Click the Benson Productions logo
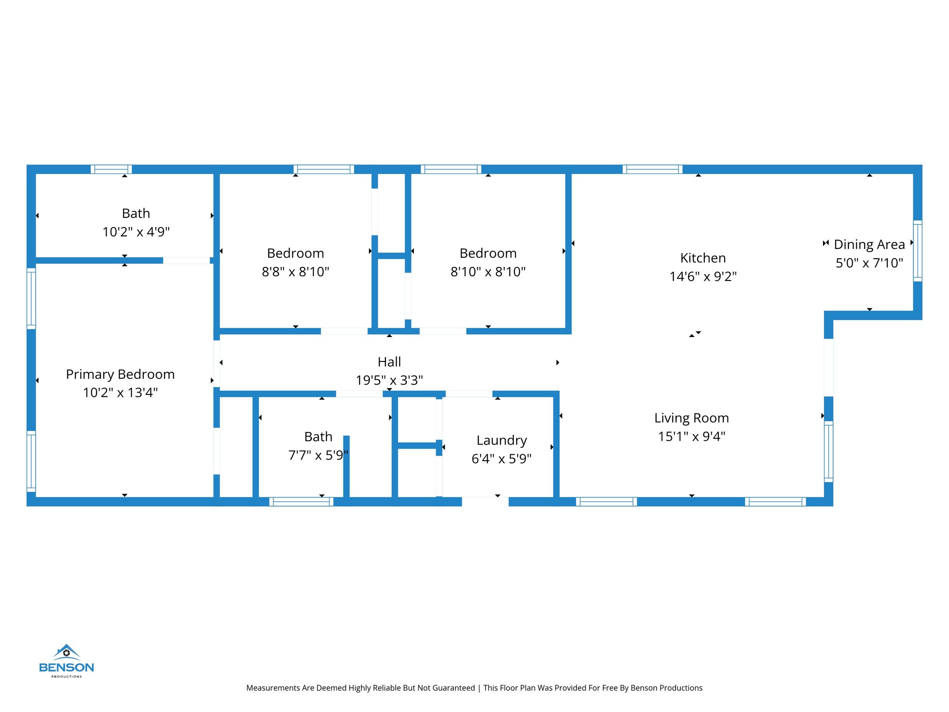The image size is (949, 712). tap(66, 661)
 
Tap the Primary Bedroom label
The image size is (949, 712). tap(120, 374)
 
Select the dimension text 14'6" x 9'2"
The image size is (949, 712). tap(702, 276)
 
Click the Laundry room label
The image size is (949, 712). tap(501, 440)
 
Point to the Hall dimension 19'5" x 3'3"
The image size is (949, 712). tap(389, 380)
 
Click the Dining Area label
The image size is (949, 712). tap(869, 244)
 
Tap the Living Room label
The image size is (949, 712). tap(691, 418)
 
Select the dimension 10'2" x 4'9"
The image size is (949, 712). tap(136, 232)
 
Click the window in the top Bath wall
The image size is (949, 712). tap(111, 169)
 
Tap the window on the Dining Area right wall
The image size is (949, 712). tap(917, 251)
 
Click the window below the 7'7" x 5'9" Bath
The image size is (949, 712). tap(301, 502)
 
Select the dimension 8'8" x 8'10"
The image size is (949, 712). tap(295, 272)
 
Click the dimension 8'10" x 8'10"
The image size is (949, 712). tap(488, 272)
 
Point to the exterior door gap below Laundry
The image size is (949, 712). tap(485, 502)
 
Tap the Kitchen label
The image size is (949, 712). tap(702, 258)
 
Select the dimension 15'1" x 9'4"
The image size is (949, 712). tap(691, 436)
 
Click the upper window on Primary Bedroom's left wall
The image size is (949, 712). tap(31, 299)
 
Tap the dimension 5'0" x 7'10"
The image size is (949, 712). tap(869, 263)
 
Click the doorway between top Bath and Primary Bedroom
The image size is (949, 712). tap(186, 261)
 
